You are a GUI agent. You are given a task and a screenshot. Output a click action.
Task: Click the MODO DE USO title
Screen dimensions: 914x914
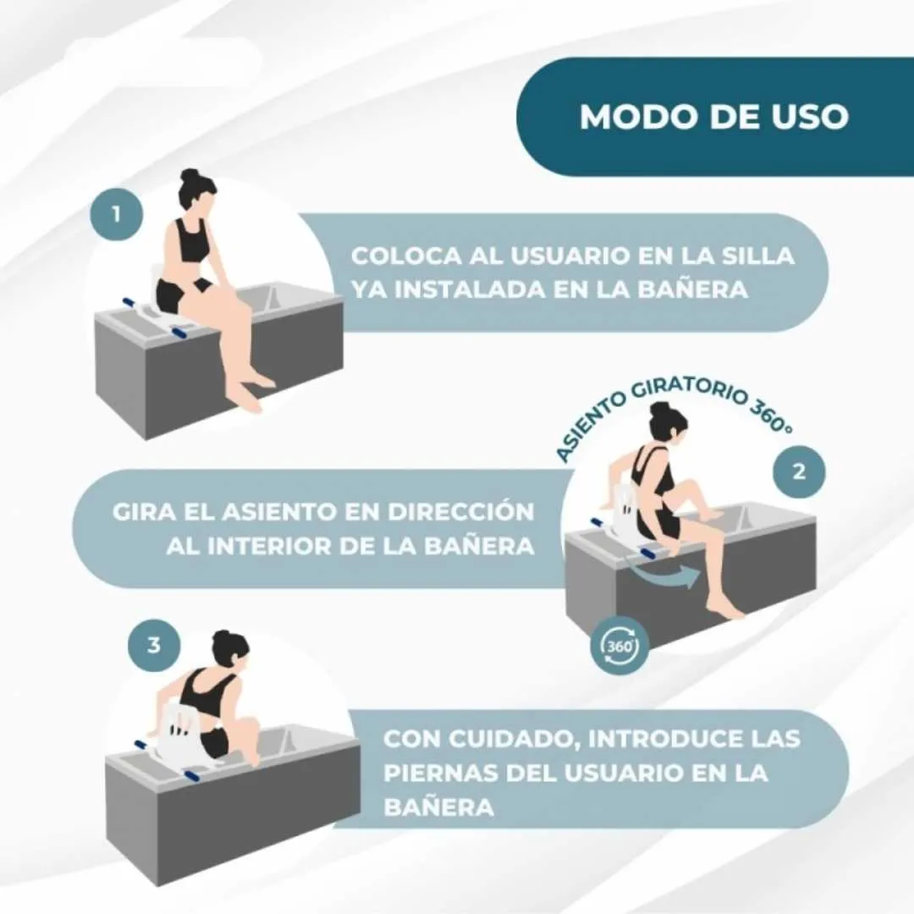pyautogui.click(x=713, y=117)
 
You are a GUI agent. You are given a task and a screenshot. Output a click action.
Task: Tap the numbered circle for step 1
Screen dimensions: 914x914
pyautogui.click(x=115, y=214)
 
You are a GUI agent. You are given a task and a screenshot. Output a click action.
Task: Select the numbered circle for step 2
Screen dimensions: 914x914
pyautogui.click(x=798, y=471)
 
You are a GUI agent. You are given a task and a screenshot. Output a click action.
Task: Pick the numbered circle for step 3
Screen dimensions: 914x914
pyautogui.click(x=153, y=645)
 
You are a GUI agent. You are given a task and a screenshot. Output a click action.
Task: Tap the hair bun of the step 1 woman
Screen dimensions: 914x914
pyautogui.click(x=188, y=176)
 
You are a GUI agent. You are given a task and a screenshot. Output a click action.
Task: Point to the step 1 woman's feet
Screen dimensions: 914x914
pyautogui.click(x=250, y=394)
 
